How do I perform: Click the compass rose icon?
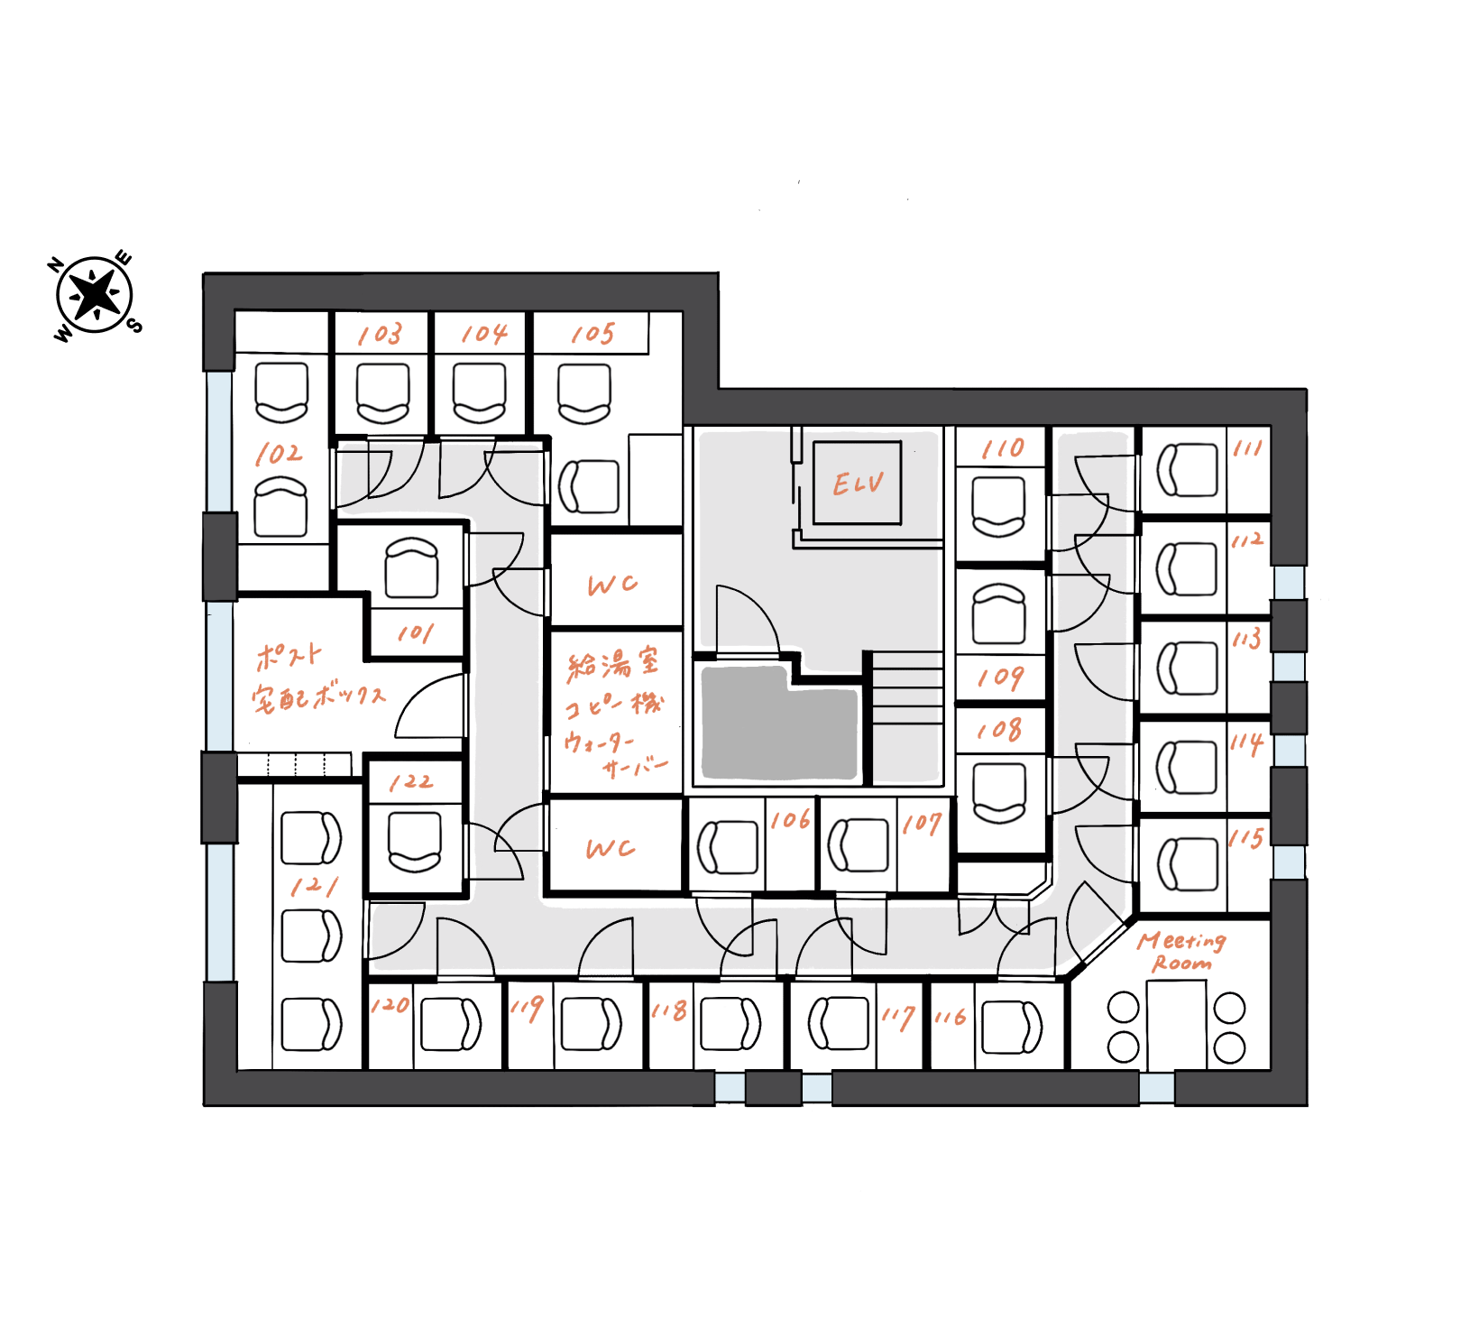[95, 295]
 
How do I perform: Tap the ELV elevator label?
[858, 484]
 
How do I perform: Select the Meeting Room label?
[1181, 952]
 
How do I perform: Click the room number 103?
[380, 335]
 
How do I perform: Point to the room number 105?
[593, 334]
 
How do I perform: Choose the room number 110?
[1003, 448]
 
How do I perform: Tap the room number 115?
[1246, 838]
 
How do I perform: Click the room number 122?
[411, 781]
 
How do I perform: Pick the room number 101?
[416, 633]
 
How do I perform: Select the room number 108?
[999, 730]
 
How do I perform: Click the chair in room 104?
[479, 392]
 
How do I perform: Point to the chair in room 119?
[591, 1024]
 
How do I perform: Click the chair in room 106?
[727, 847]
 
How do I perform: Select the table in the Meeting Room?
[1176, 1026]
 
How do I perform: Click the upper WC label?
[612, 585]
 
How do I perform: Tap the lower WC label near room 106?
[611, 848]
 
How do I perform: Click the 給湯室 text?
[612, 664]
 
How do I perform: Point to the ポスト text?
[288, 656]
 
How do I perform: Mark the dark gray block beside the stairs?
[779, 723]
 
